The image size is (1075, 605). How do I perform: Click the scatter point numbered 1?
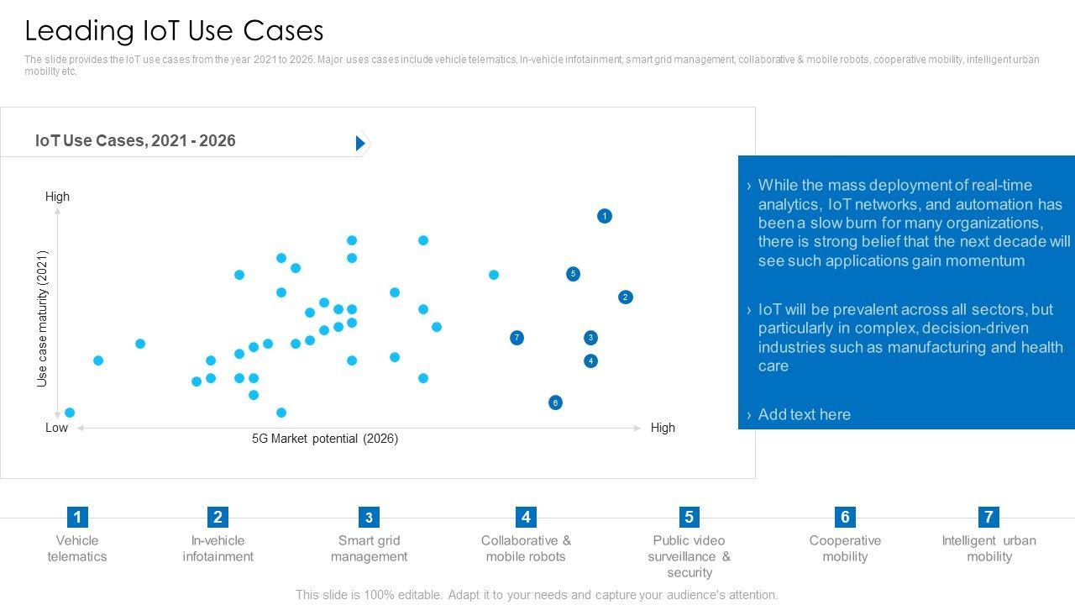point(605,216)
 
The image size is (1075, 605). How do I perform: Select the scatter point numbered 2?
point(626,297)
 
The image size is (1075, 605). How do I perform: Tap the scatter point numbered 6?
point(555,403)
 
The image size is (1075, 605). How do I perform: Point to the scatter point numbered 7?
point(517,338)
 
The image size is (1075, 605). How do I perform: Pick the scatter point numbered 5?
point(573,274)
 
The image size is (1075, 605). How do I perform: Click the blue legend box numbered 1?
point(77,517)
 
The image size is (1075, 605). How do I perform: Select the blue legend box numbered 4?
point(526,517)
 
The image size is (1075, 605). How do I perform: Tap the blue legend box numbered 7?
point(988,517)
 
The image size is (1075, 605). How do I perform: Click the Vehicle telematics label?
point(77,549)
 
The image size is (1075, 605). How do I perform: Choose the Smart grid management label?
point(369,549)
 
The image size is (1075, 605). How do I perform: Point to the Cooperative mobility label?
point(845,549)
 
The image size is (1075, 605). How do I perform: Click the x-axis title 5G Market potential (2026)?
point(325,439)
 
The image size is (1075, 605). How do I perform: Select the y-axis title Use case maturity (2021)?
point(43,318)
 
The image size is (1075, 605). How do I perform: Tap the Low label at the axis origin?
point(56,428)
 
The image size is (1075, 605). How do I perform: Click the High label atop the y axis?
point(57,197)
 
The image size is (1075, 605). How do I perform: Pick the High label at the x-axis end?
point(663,428)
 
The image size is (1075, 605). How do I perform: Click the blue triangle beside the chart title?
point(360,144)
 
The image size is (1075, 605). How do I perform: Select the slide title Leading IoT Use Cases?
point(174,30)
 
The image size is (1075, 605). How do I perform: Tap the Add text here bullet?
point(804,414)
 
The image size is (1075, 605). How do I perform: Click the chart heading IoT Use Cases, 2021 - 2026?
point(135,141)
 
